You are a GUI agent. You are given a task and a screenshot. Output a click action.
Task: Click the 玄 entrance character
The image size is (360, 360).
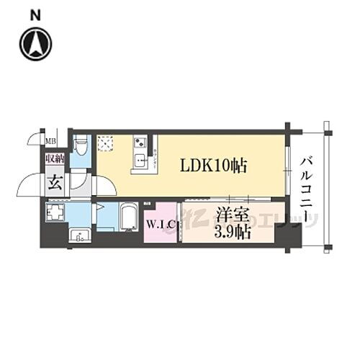pyautogui.click(x=54, y=183)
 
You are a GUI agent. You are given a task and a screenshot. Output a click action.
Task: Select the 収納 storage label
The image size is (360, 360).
pyautogui.click(x=54, y=159)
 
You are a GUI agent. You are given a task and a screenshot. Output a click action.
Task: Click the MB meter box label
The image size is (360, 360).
pyautogui.click(x=51, y=141)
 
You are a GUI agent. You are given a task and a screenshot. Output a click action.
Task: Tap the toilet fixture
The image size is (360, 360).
pyautogui.click(x=81, y=146)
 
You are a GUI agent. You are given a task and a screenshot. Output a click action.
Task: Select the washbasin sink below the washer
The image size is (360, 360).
pyautogui.click(x=79, y=235)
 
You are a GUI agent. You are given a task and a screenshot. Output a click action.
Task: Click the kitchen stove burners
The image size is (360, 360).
pyautogui.click(x=138, y=142)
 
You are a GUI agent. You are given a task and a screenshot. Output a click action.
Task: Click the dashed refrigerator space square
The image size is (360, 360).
pyautogui.click(x=105, y=143)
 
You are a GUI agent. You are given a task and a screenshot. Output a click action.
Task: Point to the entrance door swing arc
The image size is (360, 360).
pyautogui.click(x=29, y=186)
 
